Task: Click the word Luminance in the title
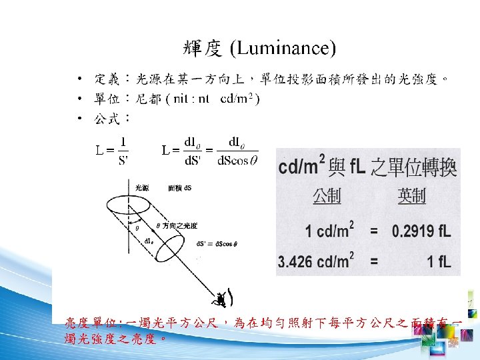(x=283, y=49)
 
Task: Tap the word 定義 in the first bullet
(x=107, y=79)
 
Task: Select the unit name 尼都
(x=148, y=99)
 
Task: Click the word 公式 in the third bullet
(x=107, y=119)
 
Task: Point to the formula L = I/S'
(x=113, y=151)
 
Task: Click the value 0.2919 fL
(x=422, y=232)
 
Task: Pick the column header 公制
(x=327, y=195)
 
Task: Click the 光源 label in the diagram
(x=142, y=188)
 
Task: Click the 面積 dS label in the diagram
(x=179, y=188)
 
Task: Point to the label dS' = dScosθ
(x=217, y=244)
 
